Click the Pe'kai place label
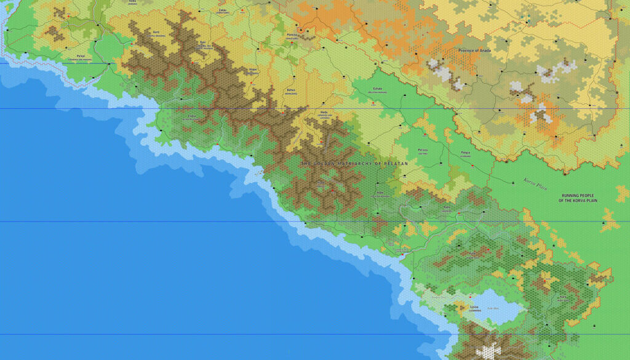(81, 56)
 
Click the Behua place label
(290, 90)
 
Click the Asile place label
(380, 193)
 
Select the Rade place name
(447, 209)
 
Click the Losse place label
(474, 306)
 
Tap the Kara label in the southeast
(562, 297)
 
